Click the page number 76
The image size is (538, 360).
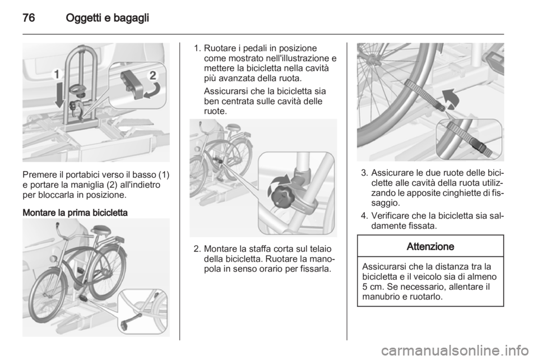pyautogui.click(x=29, y=17)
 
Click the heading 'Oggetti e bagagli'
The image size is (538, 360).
pyautogui.click(x=108, y=18)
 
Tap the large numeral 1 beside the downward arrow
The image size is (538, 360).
pyautogui.click(x=57, y=75)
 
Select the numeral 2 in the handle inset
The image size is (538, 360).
pyautogui.click(x=154, y=76)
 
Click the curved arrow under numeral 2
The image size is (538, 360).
pyautogui.click(x=152, y=91)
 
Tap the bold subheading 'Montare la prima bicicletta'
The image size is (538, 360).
pyautogui.click(x=75, y=213)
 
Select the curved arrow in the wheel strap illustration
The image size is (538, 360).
pyautogui.click(x=451, y=99)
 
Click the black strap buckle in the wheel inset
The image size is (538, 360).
pyautogui.click(x=480, y=144)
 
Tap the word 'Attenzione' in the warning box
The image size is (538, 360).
pyautogui.click(x=430, y=246)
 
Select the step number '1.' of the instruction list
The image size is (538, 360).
pyautogui.click(x=197, y=48)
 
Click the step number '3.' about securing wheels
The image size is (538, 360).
pyautogui.click(x=365, y=173)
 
